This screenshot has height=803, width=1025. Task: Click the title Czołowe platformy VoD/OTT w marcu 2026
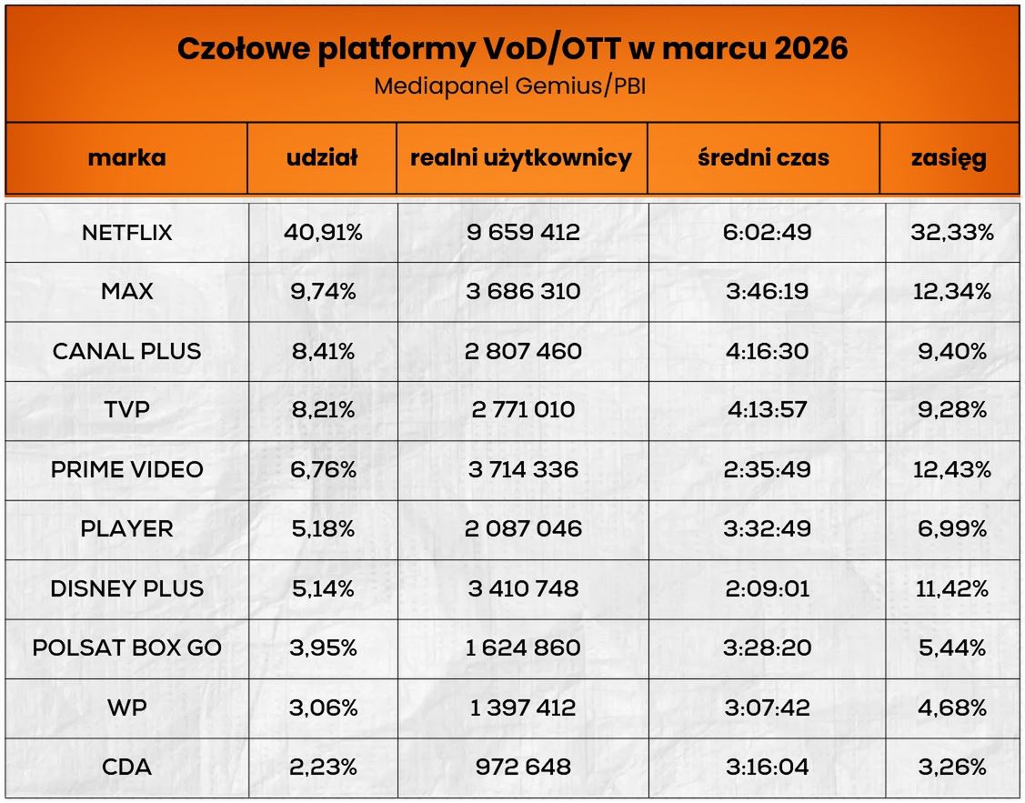click(x=512, y=49)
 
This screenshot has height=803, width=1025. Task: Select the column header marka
click(x=126, y=157)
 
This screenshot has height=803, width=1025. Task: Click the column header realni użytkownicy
click(x=521, y=157)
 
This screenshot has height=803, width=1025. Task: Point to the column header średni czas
click(x=763, y=157)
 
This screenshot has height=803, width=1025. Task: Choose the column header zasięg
click(x=949, y=157)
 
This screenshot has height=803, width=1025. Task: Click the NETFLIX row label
click(x=126, y=233)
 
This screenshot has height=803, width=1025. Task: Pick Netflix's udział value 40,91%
click(x=322, y=233)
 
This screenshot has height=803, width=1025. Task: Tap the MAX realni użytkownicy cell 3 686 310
click(x=523, y=292)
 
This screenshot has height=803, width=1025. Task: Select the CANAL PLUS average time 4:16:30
click(x=767, y=351)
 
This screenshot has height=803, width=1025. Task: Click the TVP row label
click(x=126, y=410)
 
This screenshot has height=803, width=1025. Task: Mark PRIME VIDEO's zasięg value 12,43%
click(x=951, y=470)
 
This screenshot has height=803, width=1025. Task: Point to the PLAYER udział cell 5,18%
click(x=322, y=529)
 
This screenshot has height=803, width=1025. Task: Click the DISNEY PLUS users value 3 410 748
click(x=523, y=588)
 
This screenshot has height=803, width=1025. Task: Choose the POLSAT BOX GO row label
click(x=126, y=648)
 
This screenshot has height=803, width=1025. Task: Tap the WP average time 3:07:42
click(x=767, y=708)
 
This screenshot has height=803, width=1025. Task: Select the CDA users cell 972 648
click(x=523, y=767)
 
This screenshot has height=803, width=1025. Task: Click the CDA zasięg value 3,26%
click(x=951, y=767)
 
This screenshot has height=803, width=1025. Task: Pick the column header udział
click(x=322, y=157)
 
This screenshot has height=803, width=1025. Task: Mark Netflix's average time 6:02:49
click(x=767, y=233)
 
